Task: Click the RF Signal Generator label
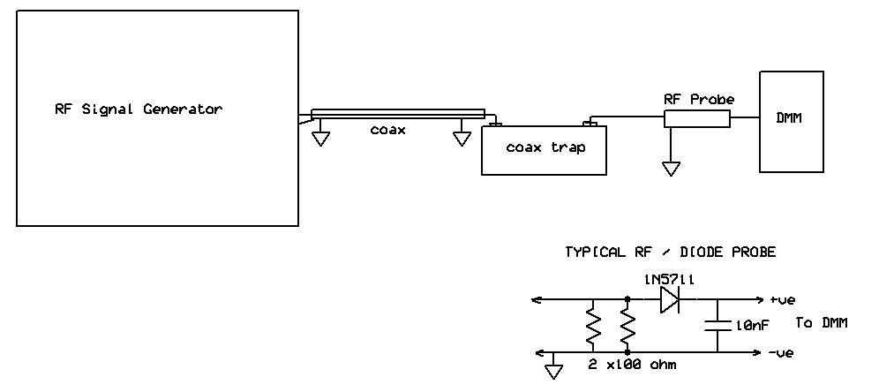(x=139, y=109)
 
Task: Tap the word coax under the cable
(x=387, y=130)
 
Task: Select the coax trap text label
(x=545, y=147)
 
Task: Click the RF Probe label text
(x=698, y=100)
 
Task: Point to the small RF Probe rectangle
(x=696, y=118)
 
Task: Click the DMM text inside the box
(x=789, y=119)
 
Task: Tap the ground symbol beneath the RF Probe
(x=671, y=167)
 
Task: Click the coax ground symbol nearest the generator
(x=320, y=138)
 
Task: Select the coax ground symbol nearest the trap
(x=461, y=138)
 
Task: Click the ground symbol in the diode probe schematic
(x=553, y=371)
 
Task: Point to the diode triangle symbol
(x=668, y=300)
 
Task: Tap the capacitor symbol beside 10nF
(x=717, y=326)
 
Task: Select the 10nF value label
(x=751, y=325)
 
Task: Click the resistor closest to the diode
(x=627, y=327)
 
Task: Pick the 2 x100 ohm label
(x=633, y=364)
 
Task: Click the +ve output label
(x=782, y=300)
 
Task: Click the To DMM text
(x=821, y=323)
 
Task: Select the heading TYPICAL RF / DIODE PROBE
(x=670, y=253)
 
